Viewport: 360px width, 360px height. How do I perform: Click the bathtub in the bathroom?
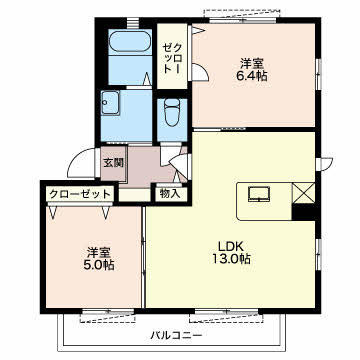pyautogui.click(x=130, y=41)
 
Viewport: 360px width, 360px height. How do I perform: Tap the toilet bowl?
pyautogui.click(x=172, y=112)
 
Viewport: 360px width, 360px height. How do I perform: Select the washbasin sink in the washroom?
pyautogui.click(x=110, y=103)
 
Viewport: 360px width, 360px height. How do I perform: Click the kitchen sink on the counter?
pyautogui.click(x=259, y=194)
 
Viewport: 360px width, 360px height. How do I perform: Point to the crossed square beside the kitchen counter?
pyautogui.click(x=303, y=192)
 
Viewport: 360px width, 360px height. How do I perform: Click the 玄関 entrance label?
pyautogui.click(x=113, y=163)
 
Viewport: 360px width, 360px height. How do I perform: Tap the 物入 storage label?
pyautogui.click(x=170, y=193)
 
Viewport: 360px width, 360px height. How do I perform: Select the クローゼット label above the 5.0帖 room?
pyautogui.click(x=80, y=194)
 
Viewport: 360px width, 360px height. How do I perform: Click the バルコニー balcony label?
pyautogui.click(x=176, y=334)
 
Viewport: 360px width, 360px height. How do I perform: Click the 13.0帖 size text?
pyautogui.click(x=232, y=259)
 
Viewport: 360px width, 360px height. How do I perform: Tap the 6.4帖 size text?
pyautogui.click(x=252, y=76)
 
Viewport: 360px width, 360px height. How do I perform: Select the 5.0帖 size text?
pyautogui.click(x=99, y=265)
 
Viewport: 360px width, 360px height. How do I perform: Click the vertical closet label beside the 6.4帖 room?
pyautogui.click(x=172, y=58)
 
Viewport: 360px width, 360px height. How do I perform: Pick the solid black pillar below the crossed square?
pyautogui.click(x=304, y=212)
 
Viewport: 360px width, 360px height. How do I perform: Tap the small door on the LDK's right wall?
pyautogui.click(x=324, y=164)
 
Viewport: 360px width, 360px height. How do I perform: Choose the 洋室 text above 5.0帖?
pyautogui.click(x=99, y=252)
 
